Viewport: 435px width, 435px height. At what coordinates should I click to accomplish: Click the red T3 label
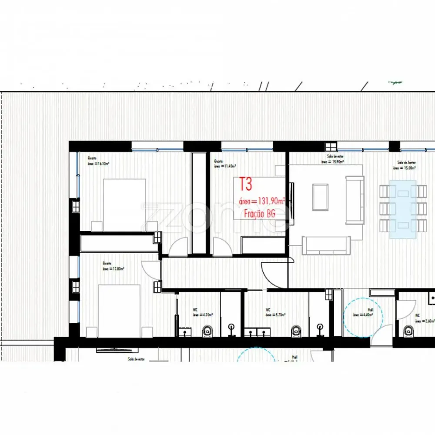[246, 184]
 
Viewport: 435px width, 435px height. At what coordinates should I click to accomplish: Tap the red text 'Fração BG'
[259, 214]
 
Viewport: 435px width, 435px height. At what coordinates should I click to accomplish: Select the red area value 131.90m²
[262, 201]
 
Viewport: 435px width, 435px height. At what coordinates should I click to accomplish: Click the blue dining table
[402, 210]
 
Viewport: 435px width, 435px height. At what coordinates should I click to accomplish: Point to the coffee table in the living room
[321, 196]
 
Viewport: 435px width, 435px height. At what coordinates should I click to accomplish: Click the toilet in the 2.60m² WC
[408, 331]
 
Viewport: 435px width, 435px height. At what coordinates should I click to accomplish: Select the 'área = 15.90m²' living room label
[333, 161]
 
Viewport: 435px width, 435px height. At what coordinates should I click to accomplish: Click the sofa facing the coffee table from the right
[355, 200]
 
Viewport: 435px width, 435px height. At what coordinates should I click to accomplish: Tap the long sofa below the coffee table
[326, 245]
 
